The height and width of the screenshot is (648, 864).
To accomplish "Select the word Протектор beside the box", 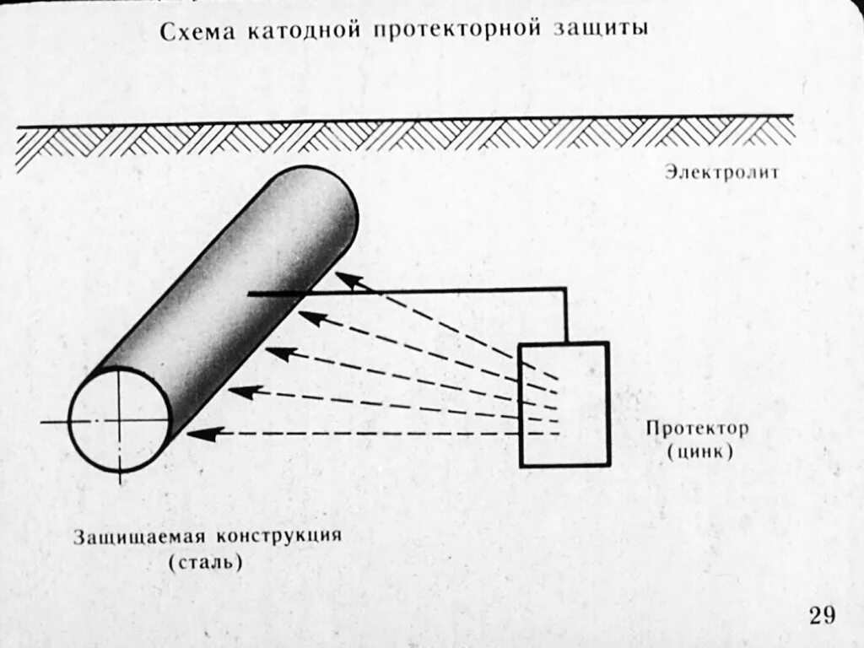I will tap(697, 428).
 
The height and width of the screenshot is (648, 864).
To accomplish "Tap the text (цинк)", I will tap(699, 451).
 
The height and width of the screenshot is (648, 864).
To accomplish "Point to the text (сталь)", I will tap(205, 561).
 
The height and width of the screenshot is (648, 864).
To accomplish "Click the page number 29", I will tap(822, 615).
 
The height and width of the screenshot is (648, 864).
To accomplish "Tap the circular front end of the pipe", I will tap(119, 420).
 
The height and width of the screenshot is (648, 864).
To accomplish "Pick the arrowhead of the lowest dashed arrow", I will tap(196, 435).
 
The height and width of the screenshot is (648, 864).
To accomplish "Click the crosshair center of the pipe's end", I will tap(119, 420).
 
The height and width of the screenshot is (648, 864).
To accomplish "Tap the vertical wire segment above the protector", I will tap(564, 316).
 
